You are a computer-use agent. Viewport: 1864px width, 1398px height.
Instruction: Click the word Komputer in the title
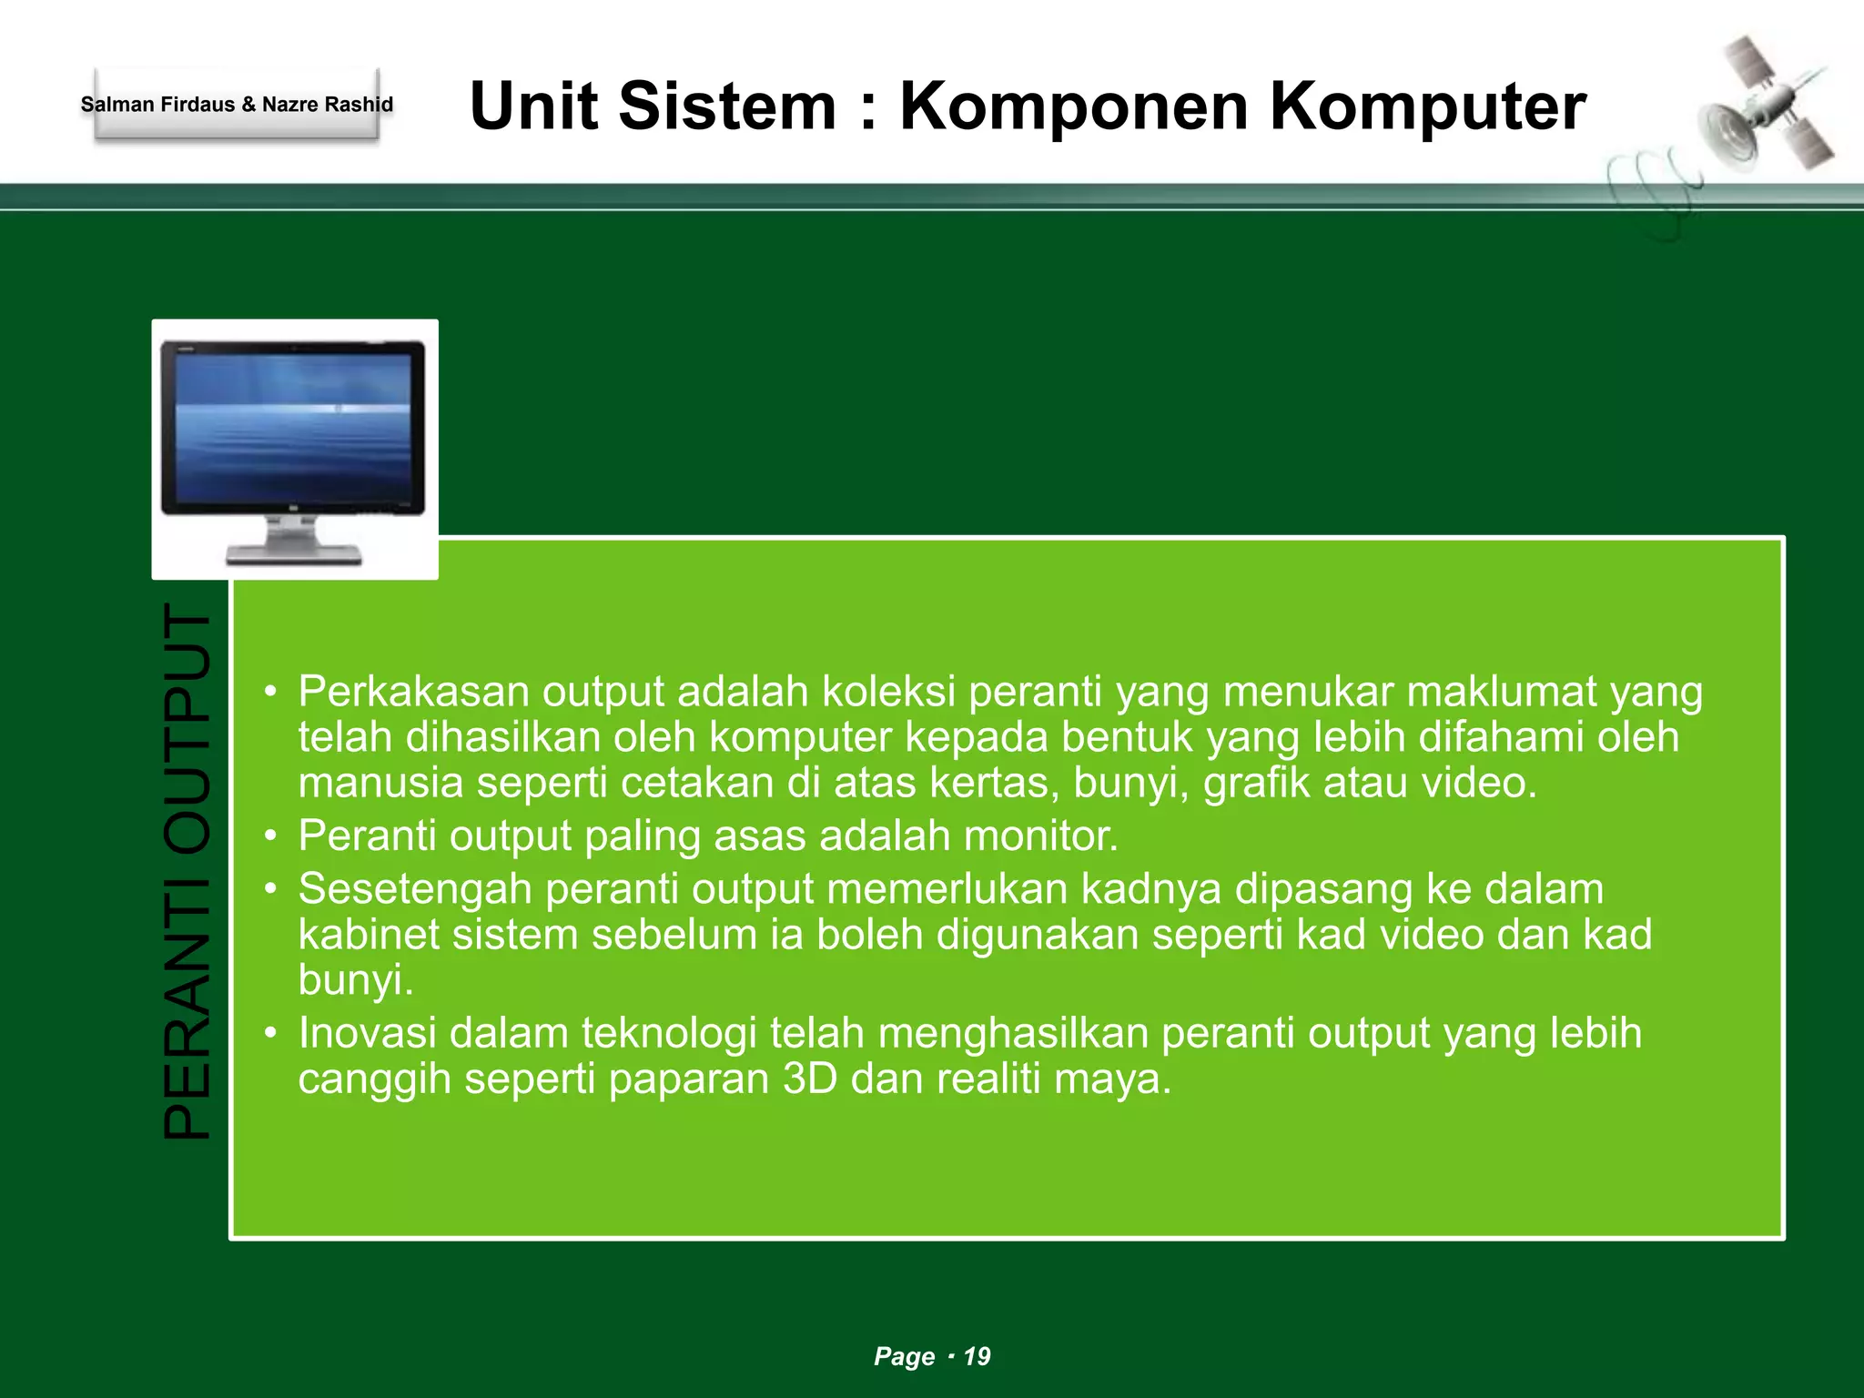1427,107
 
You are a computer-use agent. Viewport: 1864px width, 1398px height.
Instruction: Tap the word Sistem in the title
726,107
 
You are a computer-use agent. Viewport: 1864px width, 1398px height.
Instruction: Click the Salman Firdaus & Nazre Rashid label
237,105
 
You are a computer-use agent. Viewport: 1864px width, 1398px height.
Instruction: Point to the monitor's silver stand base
293,553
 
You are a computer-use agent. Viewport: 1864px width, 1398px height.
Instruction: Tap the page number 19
977,1356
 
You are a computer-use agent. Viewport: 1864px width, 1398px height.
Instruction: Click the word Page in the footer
904,1356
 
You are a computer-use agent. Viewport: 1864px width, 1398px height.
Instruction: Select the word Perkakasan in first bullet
413,692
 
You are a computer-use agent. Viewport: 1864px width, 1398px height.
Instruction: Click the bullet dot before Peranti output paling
270,836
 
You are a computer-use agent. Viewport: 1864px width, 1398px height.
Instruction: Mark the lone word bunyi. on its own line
356,980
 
